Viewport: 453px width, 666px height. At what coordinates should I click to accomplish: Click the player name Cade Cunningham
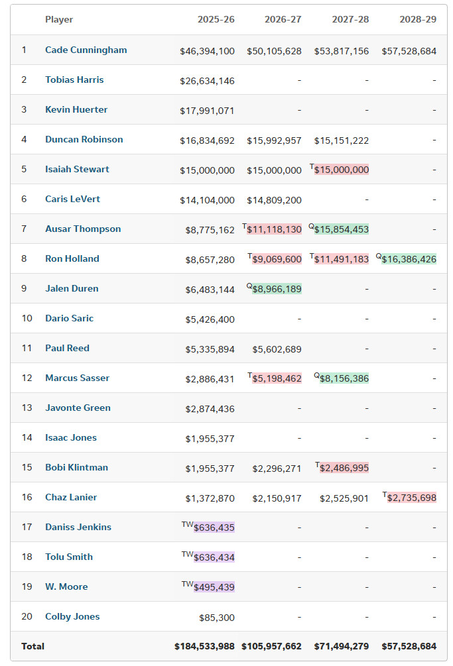click(x=86, y=50)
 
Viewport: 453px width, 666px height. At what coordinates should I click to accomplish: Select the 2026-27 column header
click(x=283, y=20)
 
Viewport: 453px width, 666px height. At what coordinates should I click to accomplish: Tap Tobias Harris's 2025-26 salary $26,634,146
click(x=207, y=81)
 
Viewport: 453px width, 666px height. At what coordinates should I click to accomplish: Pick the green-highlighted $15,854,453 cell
click(x=342, y=229)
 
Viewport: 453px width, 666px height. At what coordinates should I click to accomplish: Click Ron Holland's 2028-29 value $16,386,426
click(x=409, y=259)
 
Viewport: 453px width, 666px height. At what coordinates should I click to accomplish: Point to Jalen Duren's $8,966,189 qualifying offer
click(x=277, y=289)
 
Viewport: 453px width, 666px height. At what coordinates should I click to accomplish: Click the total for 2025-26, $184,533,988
click(x=204, y=646)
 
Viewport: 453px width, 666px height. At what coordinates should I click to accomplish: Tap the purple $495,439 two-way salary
click(x=214, y=587)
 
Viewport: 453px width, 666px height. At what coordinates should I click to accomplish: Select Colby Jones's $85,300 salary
click(x=217, y=618)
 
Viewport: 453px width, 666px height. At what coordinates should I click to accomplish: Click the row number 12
click(x=27, y=378)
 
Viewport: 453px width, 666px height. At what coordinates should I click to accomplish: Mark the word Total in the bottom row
click(x=32, y=646)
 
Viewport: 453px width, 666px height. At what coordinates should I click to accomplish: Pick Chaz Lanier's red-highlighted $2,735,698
click(x=412, y=498)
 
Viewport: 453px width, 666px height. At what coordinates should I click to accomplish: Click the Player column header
click(x=59, y=20)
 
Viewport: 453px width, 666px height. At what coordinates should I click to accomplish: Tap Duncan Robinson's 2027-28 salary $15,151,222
click(x=342, y=140)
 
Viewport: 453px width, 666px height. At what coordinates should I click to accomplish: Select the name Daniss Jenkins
click(x=78, y=527)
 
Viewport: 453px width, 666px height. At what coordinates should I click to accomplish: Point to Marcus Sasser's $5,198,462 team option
click(x=277, y=378)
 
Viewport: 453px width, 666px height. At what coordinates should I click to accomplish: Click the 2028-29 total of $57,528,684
click(x=409, y=646)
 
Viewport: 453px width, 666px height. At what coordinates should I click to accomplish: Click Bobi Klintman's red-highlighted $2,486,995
click(x=344, y=468)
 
